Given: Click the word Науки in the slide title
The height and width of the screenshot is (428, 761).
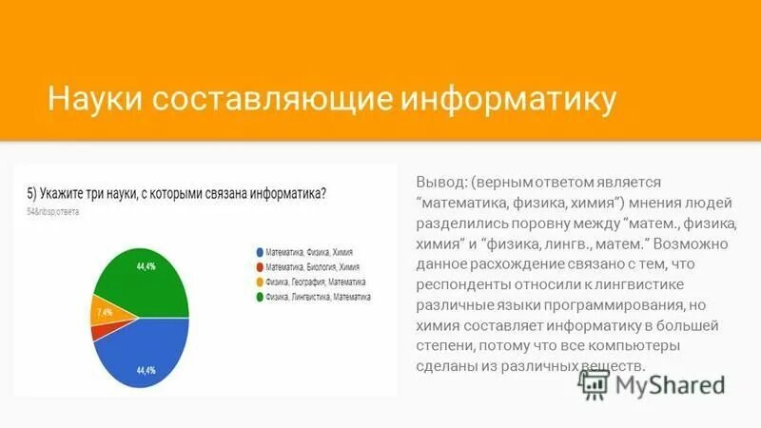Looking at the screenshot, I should pos(91,99).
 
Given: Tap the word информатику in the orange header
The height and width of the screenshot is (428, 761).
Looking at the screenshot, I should pos(509,99).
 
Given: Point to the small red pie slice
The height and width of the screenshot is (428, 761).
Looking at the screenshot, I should pos(95,332).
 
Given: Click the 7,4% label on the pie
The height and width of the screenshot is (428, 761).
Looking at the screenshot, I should pos(103,311).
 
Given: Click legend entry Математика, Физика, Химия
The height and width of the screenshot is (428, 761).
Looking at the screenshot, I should pos(308,251).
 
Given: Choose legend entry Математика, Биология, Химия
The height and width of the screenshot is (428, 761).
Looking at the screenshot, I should pos(312,267).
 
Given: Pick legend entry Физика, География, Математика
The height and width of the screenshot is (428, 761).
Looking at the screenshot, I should pos(315,282).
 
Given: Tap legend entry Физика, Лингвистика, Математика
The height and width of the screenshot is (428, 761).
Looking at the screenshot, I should pos(319,298).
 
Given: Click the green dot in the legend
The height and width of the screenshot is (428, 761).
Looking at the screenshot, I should pos(259,298).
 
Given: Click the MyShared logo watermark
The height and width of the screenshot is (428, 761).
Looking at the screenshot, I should pos(654,383).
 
